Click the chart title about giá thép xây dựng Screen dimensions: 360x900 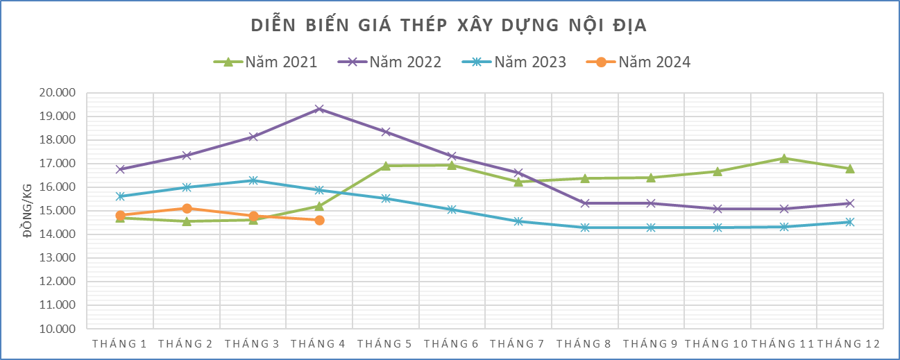[449, 26]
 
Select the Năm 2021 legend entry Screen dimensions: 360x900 [265, 62]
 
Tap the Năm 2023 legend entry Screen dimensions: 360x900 [513, 62]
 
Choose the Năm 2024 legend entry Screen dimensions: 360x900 [638, 62]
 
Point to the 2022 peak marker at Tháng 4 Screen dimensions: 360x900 [319, 109]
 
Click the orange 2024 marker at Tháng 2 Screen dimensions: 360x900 [187, 208]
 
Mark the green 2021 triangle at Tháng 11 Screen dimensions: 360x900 [783, 158]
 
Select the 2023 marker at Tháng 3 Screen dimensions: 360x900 [253, 180]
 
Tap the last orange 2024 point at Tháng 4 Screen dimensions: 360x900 [319, 220]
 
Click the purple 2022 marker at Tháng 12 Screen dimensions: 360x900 [849, 203]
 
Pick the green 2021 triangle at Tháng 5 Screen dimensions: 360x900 [386, 166]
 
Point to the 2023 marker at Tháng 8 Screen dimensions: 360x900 [584, 228]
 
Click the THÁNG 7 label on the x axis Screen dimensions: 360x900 [518, 344]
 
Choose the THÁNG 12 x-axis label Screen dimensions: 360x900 [849, 344]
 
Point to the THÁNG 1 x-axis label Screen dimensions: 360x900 [119, 344]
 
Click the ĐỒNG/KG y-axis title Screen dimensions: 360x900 [27, 211]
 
